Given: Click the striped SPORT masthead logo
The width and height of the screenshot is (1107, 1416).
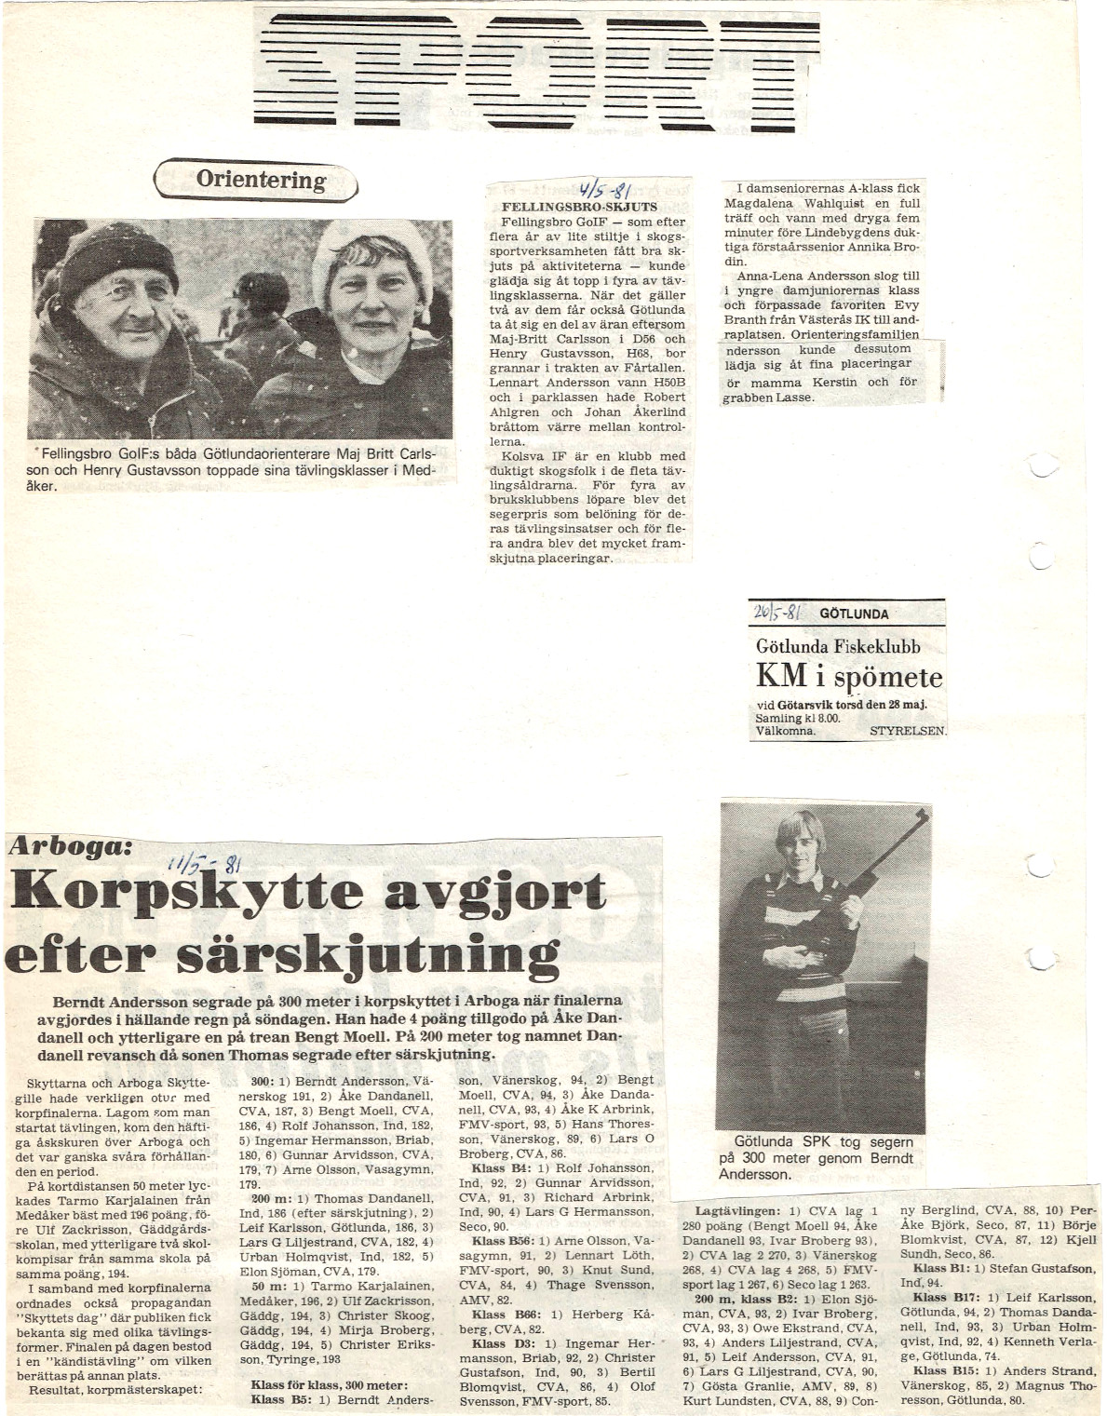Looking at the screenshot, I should tap(535, 72).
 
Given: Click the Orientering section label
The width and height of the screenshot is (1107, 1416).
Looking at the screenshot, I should tap(260, 180).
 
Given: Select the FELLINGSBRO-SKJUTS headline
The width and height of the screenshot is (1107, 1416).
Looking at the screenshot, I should tap(579, 207).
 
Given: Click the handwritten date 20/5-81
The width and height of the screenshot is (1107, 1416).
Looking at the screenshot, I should tap(776, 613).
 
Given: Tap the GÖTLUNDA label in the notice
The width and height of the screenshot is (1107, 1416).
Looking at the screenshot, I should tap(854, 614).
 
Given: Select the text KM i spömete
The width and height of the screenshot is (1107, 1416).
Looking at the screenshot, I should tap(848, 677).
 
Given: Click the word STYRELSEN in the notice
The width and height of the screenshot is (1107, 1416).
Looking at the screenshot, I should tap(907, 731).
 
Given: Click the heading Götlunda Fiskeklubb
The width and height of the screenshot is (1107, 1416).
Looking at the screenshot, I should tap(838, 646).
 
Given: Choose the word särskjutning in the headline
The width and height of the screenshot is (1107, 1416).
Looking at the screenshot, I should tap(367, 953).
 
